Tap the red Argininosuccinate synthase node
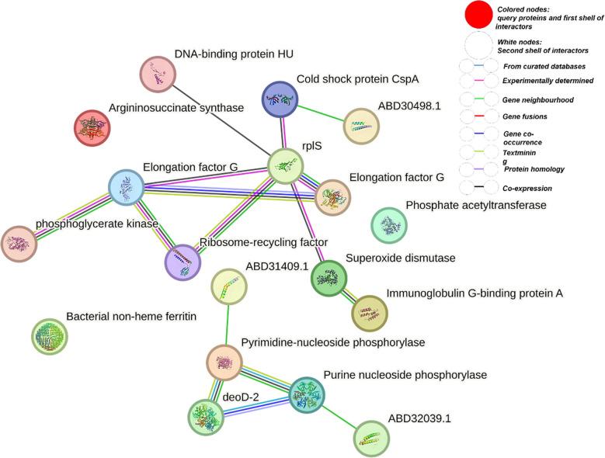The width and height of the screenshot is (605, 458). click(92, 127)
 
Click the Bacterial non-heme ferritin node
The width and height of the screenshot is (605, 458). click(50, 336)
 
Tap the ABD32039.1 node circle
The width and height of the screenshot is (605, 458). click(372, 438)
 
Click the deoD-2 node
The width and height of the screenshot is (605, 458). click(206, 416)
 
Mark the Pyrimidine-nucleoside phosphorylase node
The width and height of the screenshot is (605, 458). click(224, 363)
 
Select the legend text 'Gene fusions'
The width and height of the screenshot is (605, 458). click(526, 116)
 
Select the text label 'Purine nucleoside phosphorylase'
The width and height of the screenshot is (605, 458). click(405, 375)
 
